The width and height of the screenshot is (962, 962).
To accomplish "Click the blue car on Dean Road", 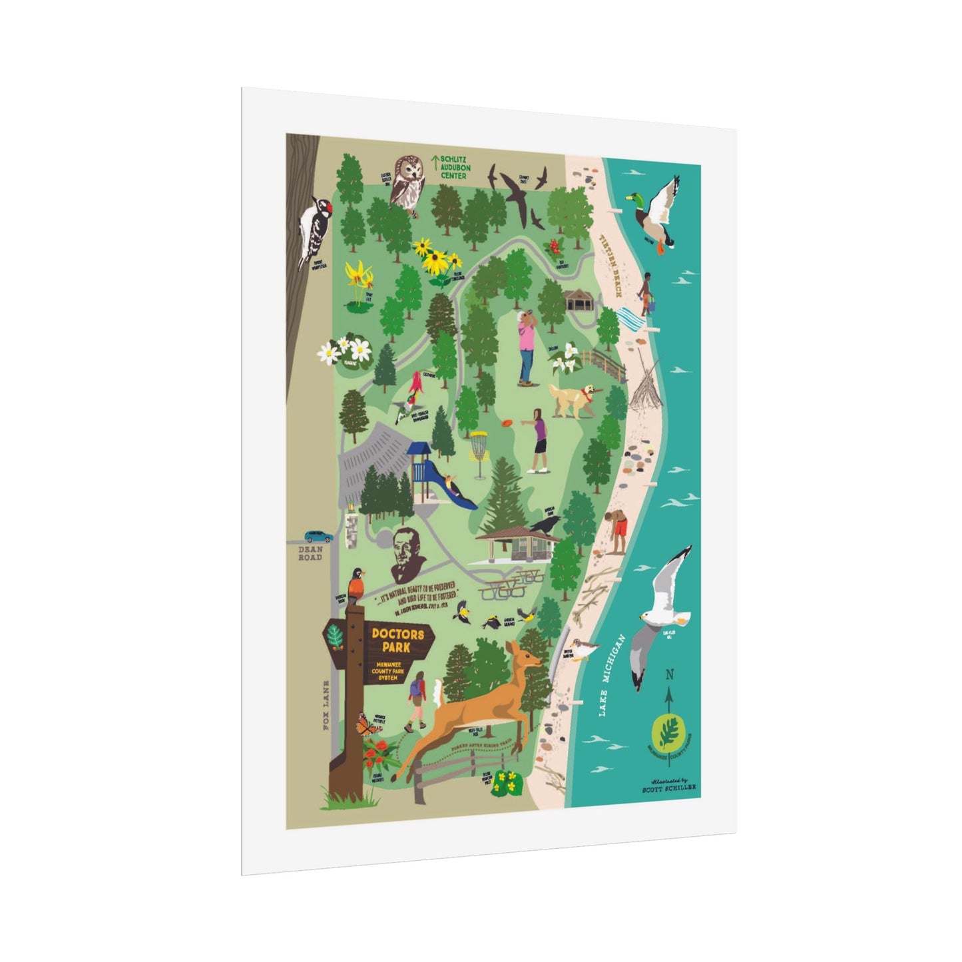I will (x=319, y=537).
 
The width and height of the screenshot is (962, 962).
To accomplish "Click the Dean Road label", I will (x=310, y=553).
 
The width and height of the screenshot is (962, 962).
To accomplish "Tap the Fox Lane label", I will (x=327, y=706).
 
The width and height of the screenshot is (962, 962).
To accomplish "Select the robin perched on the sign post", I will (x=358, y=584).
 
